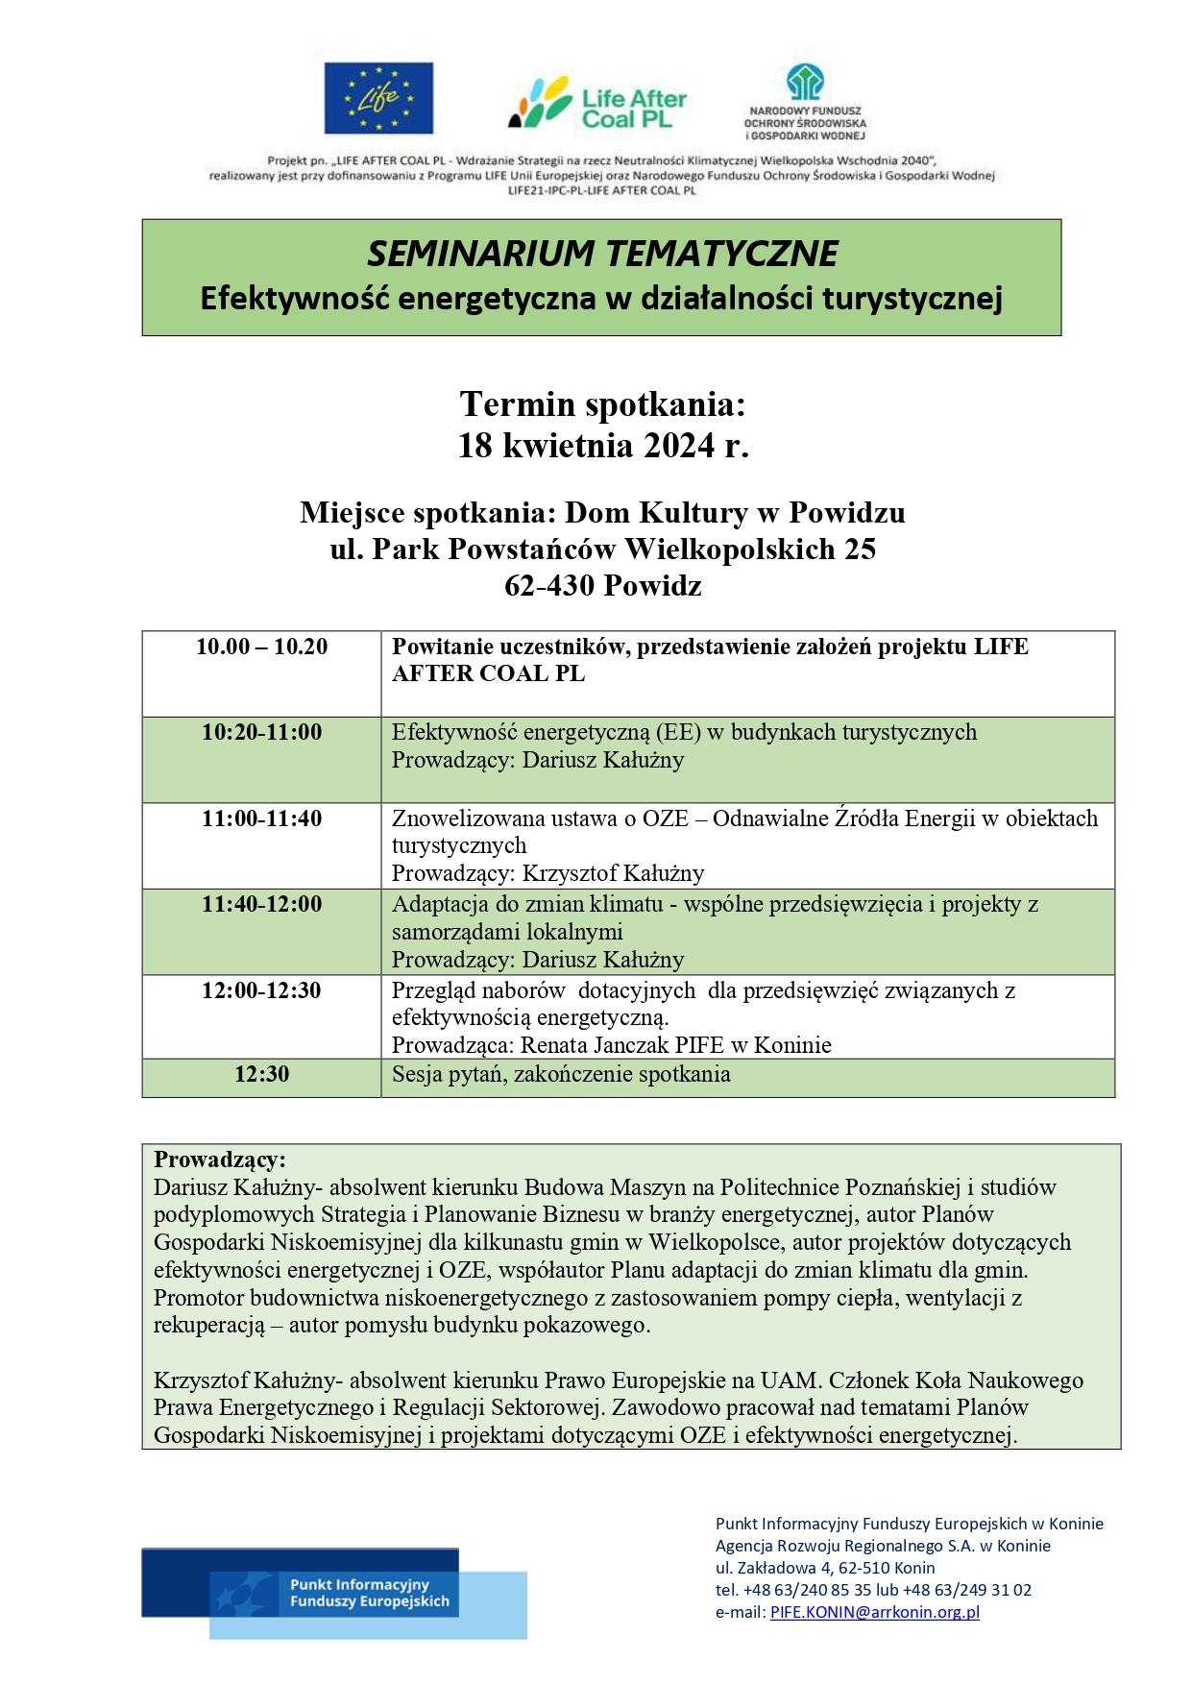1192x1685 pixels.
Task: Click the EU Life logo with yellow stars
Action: click(377, 98)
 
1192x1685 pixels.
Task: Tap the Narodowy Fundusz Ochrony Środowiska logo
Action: click(805, 102)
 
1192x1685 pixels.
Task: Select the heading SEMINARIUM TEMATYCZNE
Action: click(601, 254)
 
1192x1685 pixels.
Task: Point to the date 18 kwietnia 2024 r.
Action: click(602, 447)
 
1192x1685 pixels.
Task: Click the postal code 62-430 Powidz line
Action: click(602, 585)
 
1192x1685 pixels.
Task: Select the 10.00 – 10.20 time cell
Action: click(261, 647)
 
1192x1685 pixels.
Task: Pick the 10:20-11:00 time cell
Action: click(261, 733)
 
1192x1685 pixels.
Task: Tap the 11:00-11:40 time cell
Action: click(261, 819)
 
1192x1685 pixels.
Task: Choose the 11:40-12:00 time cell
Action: click(261, 905)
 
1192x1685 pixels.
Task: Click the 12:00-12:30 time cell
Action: click(261, 990)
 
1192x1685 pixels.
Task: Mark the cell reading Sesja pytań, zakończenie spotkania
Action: click(561, 1075)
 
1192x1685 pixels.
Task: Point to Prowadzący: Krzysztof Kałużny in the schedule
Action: click(547, 873)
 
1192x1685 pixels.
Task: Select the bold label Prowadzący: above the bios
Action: click(220, 1159)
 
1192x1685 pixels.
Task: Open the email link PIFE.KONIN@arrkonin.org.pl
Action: click(874, 1613)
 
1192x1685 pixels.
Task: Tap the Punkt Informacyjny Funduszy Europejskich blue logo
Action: click(334, 1594)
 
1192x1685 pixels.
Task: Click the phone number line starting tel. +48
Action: click(873, 1590)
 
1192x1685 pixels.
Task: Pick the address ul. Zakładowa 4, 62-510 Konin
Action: click(825, 1568)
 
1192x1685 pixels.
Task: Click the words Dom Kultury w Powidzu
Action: click(734, 513)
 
